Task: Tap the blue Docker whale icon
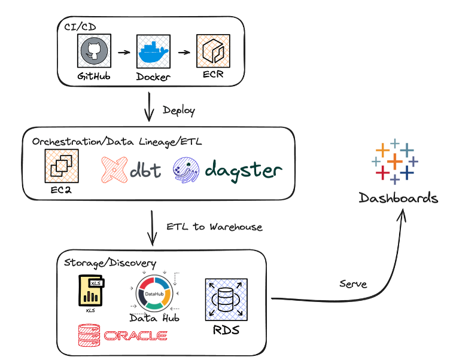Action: [154, 52]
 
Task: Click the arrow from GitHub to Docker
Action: [124, 52]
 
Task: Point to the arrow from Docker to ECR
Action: [184, 52]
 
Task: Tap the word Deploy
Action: [179, 111]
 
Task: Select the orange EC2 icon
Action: [62, 166]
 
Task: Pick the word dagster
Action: [243, 170]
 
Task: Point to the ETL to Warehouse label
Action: [215, 227]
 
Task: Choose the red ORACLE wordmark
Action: [135, 336]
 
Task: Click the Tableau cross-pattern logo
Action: [395, 161]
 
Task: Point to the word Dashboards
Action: [398, 198]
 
